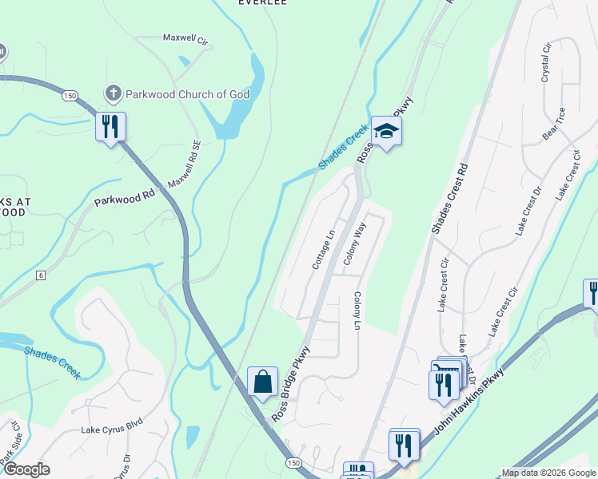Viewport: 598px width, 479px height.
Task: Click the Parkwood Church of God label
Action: point(188,94)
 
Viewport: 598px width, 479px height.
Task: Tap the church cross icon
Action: point(114,94)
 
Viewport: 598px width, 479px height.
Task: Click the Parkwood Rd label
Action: point(124,197)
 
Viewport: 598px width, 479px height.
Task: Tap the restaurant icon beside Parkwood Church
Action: point(110,127)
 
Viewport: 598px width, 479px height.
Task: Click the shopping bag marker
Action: point(262,382)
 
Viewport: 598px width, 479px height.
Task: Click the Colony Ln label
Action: point(357,311)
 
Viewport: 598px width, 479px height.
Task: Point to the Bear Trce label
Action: point(554,123)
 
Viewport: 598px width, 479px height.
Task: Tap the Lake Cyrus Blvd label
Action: point(111,430)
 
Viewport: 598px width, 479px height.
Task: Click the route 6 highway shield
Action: point(41,275)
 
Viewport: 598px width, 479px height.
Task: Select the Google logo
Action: point(26,469)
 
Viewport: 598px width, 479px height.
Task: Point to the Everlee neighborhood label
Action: point(262,3)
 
